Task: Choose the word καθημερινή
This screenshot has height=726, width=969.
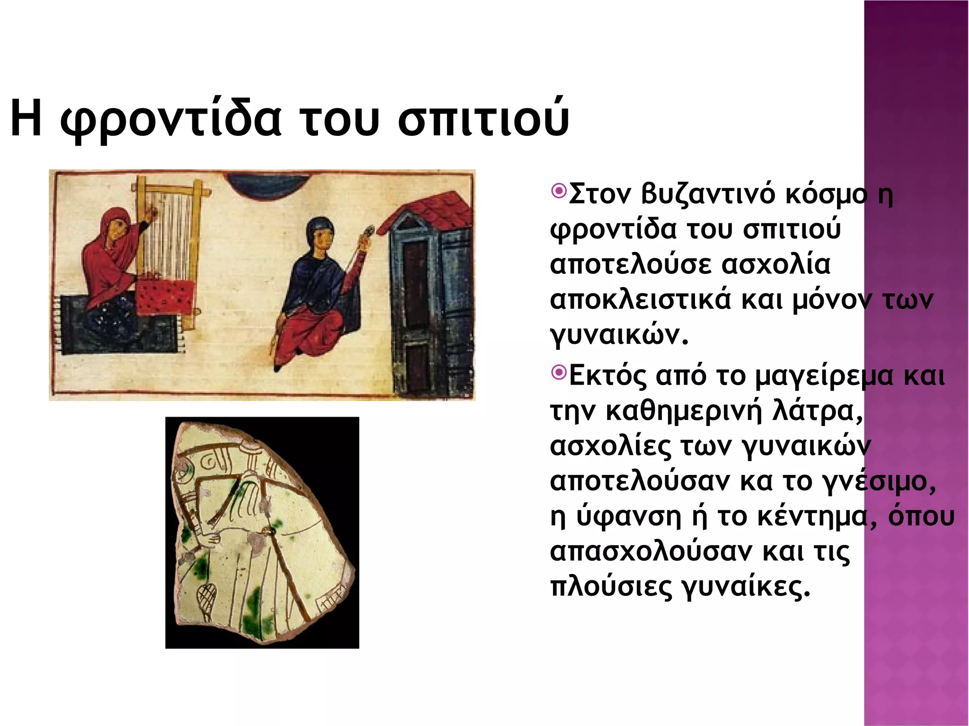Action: click(x=684, y=411)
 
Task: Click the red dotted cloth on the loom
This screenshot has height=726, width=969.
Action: click(x=166, y=297)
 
